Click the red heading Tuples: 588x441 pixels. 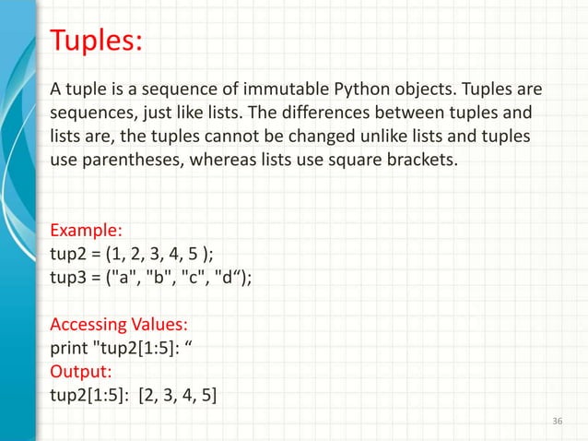[95, 42]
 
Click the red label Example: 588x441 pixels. [87, 229]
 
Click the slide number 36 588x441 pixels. [555, 421]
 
